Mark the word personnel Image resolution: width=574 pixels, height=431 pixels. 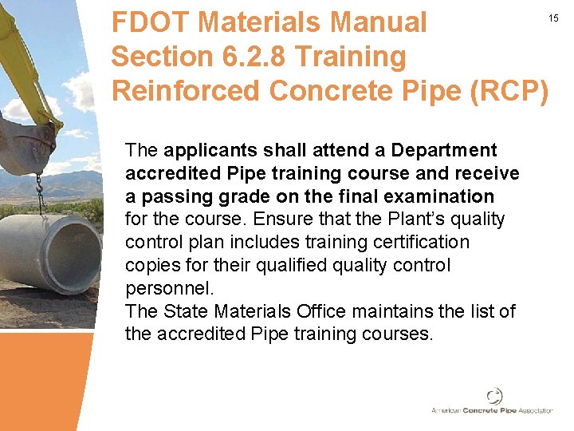tap(169, 287)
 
